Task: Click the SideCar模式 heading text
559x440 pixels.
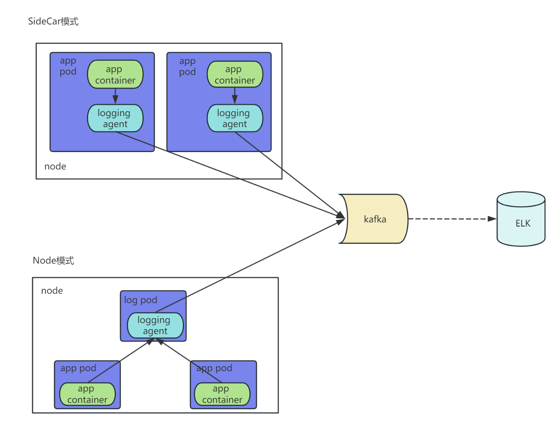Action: click(53, 21)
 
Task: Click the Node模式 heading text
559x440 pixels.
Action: click(53, 260)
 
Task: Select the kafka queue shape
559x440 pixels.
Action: click(374, 219)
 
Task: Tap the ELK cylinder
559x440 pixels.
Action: click(521, 219)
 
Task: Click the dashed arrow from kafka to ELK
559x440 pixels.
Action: click(452, 219)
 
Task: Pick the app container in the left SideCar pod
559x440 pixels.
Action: click(115, 75)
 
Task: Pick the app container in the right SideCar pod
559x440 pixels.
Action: click(235, 74)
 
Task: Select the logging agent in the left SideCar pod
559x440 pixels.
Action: click(115, 118)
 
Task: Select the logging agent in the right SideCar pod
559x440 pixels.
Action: click(235, 118)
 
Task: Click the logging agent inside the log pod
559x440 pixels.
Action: click(155, 326)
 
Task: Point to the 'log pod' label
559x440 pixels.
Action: click(140, 300)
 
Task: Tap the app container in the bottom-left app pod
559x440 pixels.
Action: click(87, 394)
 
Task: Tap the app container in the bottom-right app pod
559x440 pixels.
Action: click(222, 394)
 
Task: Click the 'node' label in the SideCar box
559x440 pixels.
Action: click(55, 166)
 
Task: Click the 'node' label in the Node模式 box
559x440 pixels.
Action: click(52, 290)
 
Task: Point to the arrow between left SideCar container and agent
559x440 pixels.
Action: click(115, 96)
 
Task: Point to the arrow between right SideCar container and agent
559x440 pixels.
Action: click(235, 96)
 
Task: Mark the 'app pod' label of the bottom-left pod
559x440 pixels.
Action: click(78, 368)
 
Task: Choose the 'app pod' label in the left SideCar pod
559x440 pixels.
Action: click(68, 66)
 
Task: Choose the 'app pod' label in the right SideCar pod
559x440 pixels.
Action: click(187, 67)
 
